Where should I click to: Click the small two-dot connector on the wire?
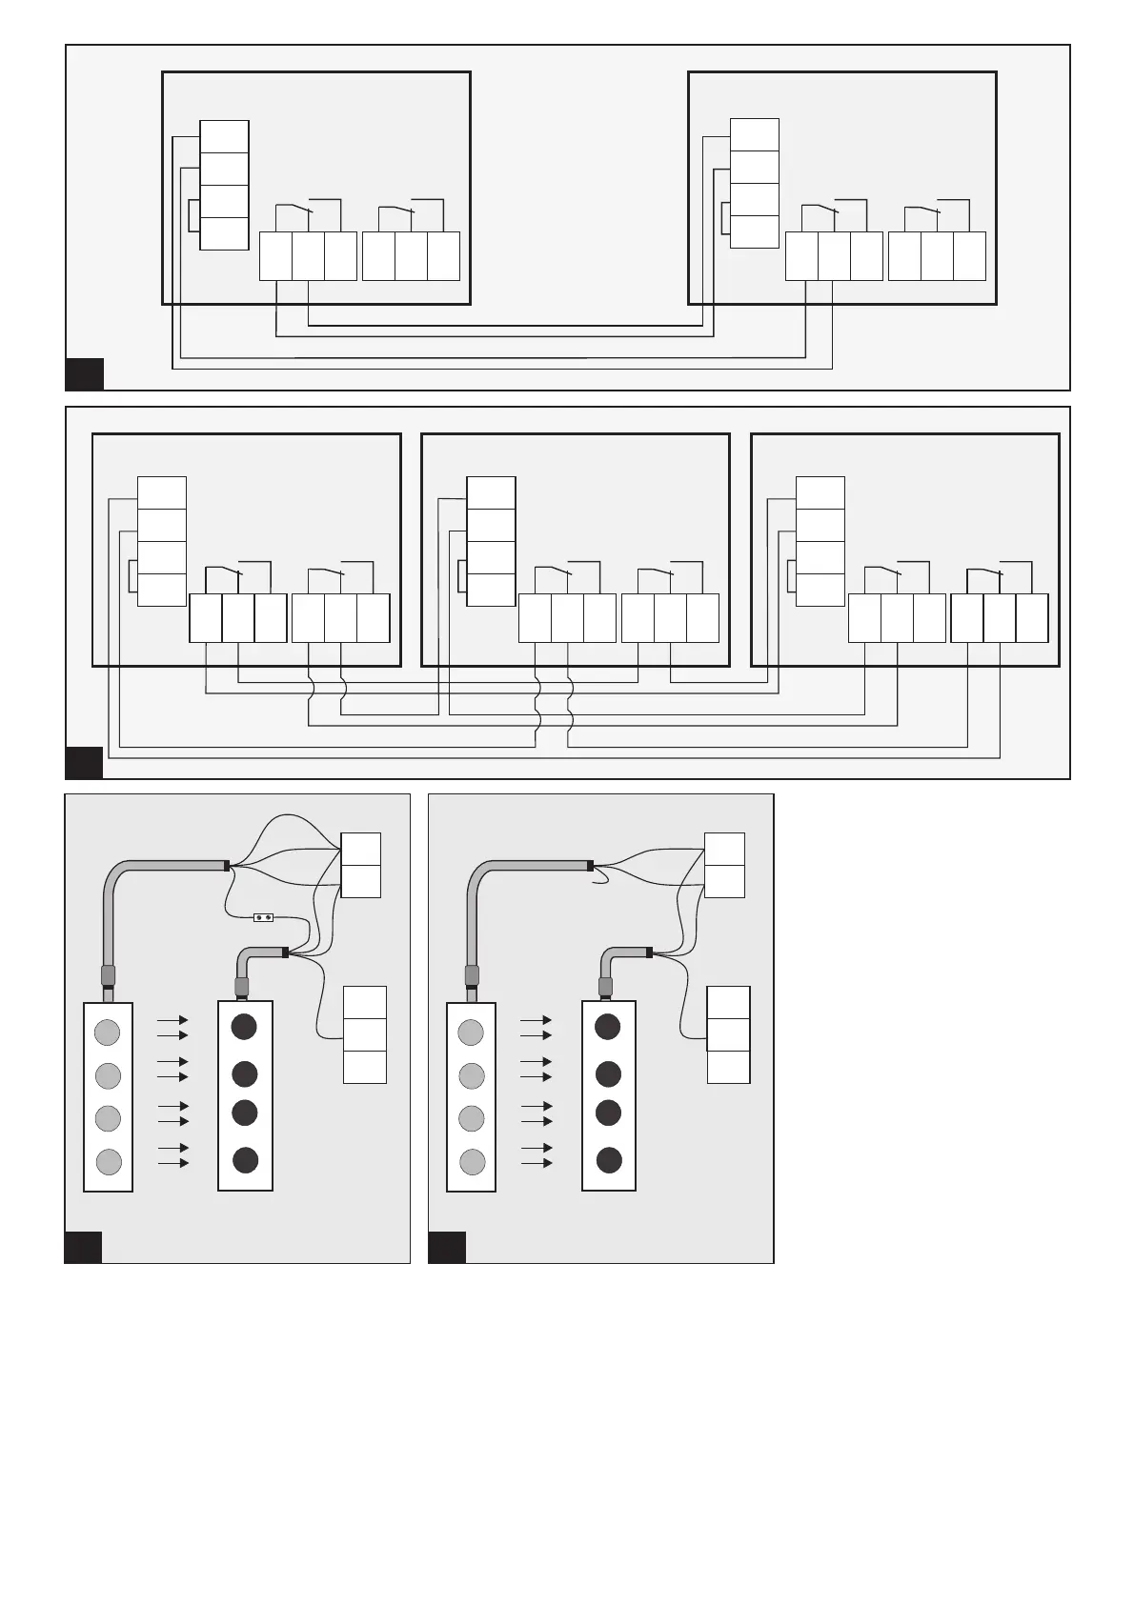point(264,918)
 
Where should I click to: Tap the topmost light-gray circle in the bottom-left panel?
point(108,1031)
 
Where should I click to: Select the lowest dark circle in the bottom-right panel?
point(609,1160)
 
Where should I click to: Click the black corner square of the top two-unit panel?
point(84,373)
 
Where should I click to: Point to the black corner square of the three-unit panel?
point(84,762)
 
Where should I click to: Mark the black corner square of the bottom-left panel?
point(84,1247)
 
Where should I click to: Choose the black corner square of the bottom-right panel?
point(447,1247)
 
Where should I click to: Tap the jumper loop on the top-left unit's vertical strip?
point(193,215)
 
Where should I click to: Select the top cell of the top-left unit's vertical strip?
point(224,136)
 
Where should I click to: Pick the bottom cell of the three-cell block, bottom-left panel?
point(364,1067)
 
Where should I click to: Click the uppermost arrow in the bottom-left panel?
point(172,1019)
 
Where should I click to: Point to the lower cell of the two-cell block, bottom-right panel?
point(724,881)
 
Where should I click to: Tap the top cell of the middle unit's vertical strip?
point(491,493)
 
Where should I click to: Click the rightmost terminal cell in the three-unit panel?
point(1032,617)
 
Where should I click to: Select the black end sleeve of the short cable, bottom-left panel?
point(285,951)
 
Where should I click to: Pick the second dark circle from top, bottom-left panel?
point(245,1073)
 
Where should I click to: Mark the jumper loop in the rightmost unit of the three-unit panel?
point(791,574)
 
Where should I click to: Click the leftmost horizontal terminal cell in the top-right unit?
point(801,255)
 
